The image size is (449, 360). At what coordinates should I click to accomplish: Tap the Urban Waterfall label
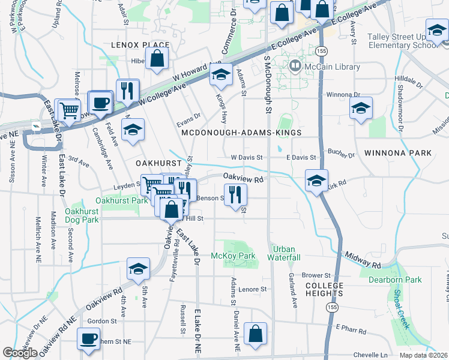285,253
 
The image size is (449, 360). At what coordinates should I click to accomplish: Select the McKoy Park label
233,256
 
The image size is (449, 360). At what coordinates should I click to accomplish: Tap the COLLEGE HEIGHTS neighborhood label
324,289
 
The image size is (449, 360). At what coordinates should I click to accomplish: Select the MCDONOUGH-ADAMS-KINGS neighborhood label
241,132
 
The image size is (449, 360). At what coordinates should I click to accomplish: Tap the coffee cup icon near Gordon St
88,339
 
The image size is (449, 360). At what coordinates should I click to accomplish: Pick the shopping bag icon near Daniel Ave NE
256,334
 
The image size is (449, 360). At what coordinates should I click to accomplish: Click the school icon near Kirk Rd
316,180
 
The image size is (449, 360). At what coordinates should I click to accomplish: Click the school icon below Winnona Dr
361,108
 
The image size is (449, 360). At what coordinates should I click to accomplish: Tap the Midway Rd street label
364,259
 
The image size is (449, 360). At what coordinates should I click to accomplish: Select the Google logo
20,353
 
